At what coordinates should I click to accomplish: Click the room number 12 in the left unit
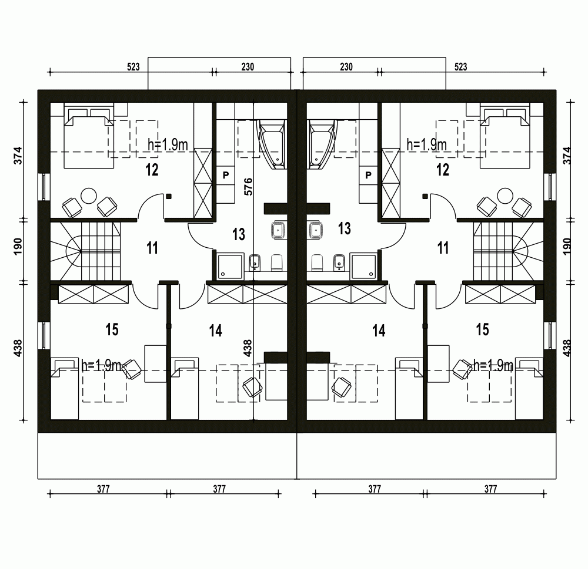152,170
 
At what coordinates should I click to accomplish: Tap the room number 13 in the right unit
344,228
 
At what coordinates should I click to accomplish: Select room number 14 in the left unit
216,331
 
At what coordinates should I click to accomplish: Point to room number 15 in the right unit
482,329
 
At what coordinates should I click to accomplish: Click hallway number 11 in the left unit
152,248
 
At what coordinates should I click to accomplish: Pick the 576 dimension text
248,187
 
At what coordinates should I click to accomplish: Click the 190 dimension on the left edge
18,246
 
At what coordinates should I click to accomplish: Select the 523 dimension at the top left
133,67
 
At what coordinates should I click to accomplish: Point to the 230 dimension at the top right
346,67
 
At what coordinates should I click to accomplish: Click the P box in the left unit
226,175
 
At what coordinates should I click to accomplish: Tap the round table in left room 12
89,196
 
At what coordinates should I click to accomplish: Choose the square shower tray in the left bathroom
230,267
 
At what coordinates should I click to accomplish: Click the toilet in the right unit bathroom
318,262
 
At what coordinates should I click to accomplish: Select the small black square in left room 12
169,196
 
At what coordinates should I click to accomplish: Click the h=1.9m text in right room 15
493,365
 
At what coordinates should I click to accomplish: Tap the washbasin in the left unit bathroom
278,230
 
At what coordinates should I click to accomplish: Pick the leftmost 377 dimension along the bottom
103,489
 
